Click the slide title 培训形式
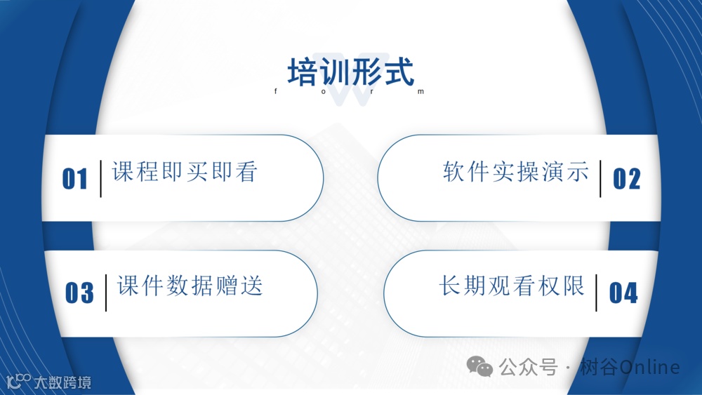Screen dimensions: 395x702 [350, 72]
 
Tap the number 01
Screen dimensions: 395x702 [75, 179]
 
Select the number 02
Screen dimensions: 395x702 [626, 179]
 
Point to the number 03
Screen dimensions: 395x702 [79, 293]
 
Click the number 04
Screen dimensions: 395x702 [623, 293]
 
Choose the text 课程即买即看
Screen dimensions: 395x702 [185, 172]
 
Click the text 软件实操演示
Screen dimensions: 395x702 [516, 172]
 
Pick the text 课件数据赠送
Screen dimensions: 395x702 [190, 286]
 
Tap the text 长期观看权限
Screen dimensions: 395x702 [512, 286]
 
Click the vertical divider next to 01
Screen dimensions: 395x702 [100, 178]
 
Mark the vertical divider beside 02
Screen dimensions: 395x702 [601, 178]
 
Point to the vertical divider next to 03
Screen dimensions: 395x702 [105, 292]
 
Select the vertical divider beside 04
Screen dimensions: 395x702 [596, 292]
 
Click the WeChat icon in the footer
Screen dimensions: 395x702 [481, 366]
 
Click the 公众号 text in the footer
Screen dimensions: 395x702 [529, 367]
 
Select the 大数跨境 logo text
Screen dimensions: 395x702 [62, 383]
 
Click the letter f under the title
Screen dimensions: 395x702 [275, 92]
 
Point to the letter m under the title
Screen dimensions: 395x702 [422, 92]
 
